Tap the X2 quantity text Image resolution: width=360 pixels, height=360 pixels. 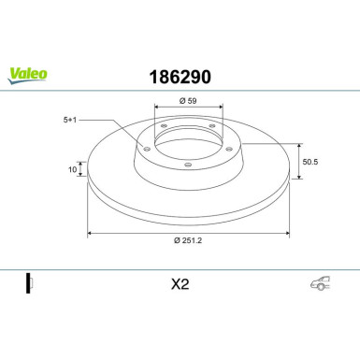tap(180, 284)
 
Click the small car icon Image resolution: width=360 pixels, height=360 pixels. tap(320, 283)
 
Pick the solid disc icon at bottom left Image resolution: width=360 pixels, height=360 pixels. tap(29, 283)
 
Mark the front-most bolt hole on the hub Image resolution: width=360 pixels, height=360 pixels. tap(187, 165)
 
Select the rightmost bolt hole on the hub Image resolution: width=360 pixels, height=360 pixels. tap(225, 144)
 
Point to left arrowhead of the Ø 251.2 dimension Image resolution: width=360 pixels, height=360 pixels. tap(90, 233)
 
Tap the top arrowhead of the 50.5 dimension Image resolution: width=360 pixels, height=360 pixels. tap(298, 144)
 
